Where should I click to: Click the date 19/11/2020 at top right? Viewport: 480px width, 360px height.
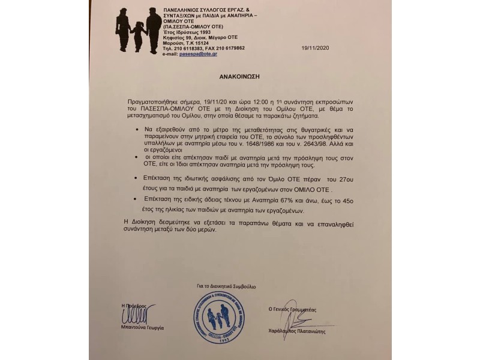[316, 48]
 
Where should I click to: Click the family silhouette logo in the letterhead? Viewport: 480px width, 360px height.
[139, 29]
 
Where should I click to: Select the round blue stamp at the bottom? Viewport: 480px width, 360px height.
[218, 317]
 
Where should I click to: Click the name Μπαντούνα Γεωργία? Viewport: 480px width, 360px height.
[142, 328]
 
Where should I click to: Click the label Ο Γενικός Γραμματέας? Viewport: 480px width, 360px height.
[292, 308]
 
